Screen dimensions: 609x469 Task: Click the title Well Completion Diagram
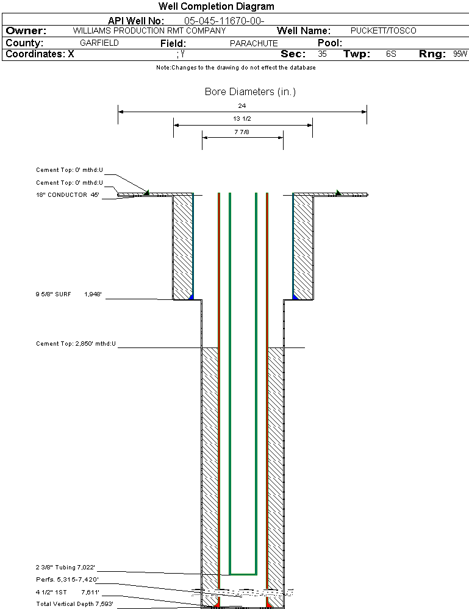216,7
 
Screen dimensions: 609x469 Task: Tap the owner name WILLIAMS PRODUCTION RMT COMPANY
149,30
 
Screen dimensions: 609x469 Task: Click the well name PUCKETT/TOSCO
383,30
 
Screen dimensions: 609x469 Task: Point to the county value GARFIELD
99,43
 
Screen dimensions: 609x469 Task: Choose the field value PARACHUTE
254,43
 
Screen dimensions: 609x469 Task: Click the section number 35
322,54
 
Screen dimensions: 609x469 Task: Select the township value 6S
391,54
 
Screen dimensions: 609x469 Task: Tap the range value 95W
460,54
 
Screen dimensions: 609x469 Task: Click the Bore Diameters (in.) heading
250,92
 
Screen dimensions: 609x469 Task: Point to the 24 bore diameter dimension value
242,105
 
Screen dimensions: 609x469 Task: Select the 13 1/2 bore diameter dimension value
242,119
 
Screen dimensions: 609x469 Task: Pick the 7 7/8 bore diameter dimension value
242,132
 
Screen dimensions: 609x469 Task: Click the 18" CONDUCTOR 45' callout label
67,195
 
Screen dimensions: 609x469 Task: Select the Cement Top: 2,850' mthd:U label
76,344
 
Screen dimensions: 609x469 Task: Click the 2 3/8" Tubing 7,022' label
66,568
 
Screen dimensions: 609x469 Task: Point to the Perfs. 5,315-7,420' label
67,579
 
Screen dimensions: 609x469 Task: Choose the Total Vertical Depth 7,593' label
74,604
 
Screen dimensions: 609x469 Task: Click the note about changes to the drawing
235,68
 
